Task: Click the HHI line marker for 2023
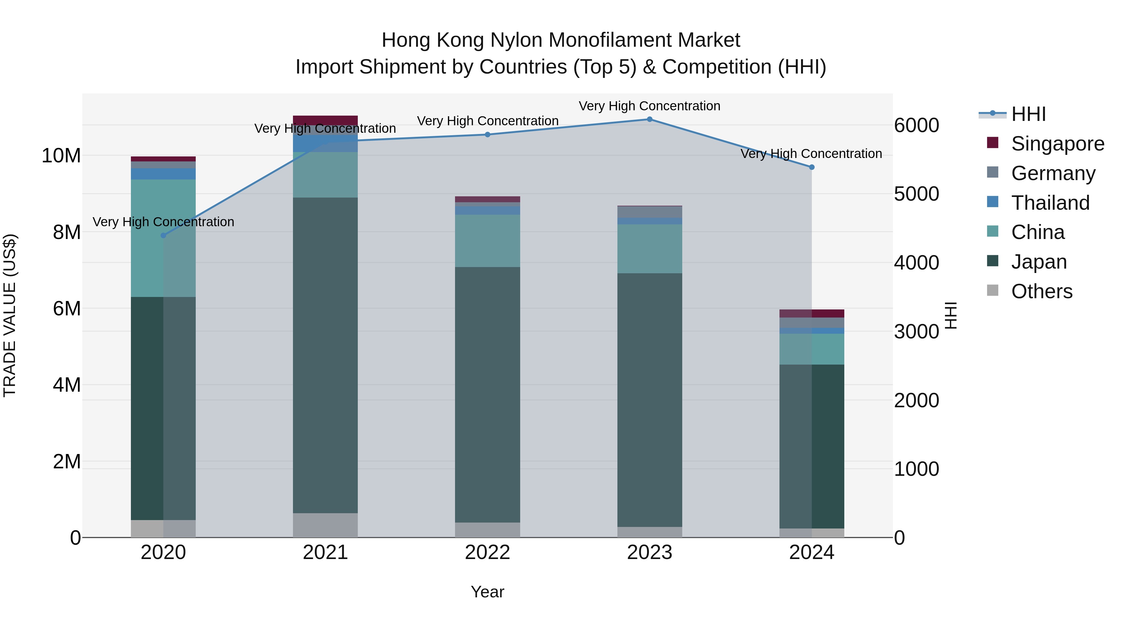tap(650, 119)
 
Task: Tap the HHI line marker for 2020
tap(163, 236)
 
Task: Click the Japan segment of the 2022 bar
tap(487, 394)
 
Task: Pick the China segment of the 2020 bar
tap(163, 238)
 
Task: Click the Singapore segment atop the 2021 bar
tap(325, 120)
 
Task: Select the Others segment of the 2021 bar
tap(325, 525)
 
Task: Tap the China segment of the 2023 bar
tap(650, 249)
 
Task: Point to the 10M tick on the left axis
tap(61, 155)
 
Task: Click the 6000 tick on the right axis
tap(916, 125)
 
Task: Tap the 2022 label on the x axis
tap(487, 552)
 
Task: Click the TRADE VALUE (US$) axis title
tap(10, 315)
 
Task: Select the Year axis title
tap(487, 592)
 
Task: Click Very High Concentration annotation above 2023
tap(650, 106)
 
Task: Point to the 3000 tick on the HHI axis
tap(916, 332)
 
